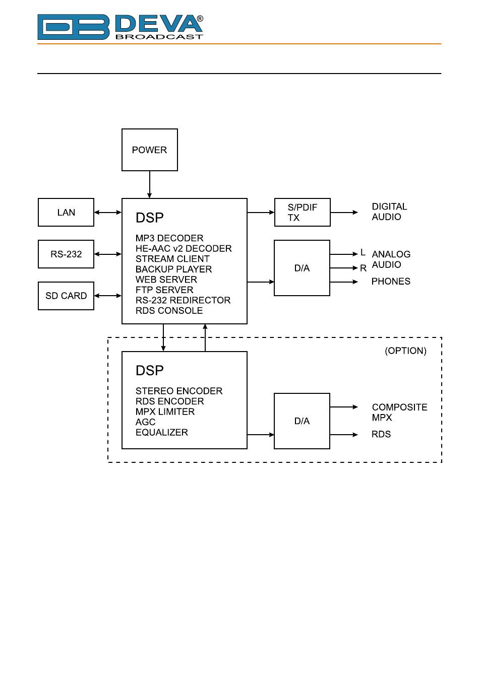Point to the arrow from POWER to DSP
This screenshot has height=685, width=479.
(x=149, y=184)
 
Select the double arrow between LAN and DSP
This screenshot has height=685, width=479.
(x=108, y=212)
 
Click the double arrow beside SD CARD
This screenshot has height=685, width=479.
(x=108, y=296)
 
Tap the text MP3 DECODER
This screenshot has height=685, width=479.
(x=169, y=238)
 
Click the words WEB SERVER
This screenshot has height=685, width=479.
(x=166, y=279)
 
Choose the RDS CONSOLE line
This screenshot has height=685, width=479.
(x=169, y=310)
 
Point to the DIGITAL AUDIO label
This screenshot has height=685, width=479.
(x=389, y=212)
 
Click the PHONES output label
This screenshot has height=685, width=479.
(x=391, y=282)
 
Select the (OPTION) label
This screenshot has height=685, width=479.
(x=405, y=351)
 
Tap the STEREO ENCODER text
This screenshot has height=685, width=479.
(x=179, y=391)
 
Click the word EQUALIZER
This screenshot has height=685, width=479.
(x=162, y=432)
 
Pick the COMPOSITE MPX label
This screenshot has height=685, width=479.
(x=399, y=412)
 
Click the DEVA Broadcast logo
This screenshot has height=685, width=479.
(x=120, y=27)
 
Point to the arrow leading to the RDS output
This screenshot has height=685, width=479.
(x=344, y=435)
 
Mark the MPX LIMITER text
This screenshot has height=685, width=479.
(x=165, y=412)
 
